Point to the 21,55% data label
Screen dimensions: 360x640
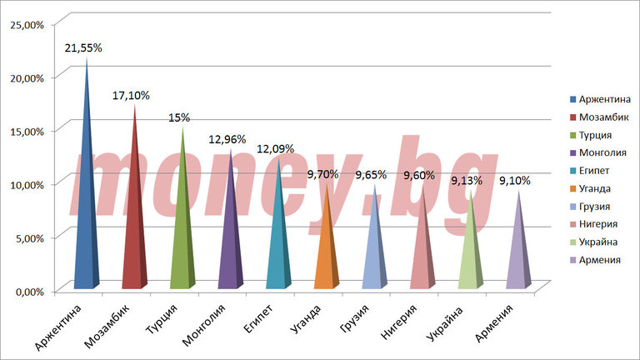(83, 48)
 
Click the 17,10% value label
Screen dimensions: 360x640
(131, 96)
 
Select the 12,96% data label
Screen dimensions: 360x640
(227, 139)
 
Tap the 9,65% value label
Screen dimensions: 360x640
(372, 176)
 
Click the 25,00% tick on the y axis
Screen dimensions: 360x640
(27, 24)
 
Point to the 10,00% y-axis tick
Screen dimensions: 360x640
(27, 184)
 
